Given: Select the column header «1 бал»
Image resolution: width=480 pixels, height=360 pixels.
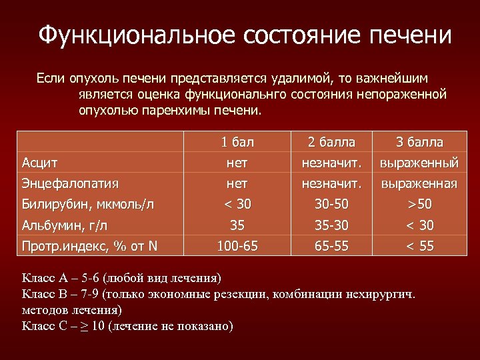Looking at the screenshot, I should [x=238, y=142].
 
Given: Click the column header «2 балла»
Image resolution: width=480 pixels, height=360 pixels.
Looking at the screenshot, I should [x=331, y=142].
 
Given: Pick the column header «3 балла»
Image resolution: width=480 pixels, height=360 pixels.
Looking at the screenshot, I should [x=419, y=142].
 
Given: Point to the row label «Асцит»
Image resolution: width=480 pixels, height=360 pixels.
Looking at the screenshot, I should [x=40, y=162].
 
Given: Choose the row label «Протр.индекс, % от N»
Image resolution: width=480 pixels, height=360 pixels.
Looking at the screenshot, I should [x=89, y=246].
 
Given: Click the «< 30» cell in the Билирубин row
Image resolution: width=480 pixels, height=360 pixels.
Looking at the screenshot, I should [x=238, y=204].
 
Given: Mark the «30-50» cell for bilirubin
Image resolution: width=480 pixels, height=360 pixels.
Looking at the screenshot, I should [x=331, y=204].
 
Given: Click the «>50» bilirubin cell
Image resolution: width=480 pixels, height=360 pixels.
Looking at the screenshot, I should [x=419, y=204].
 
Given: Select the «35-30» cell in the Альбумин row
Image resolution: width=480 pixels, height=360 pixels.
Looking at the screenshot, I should [x=331, y=225].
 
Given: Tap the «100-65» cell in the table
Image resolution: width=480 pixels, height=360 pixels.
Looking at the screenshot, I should [x=238, y=246].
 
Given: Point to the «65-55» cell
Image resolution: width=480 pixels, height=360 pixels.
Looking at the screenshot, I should [x=331, y=246].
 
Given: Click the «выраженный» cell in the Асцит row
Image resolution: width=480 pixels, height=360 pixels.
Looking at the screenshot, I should [x=419, y=162].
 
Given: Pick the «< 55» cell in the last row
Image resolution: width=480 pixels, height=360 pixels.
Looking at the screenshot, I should [x=419, y=246].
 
